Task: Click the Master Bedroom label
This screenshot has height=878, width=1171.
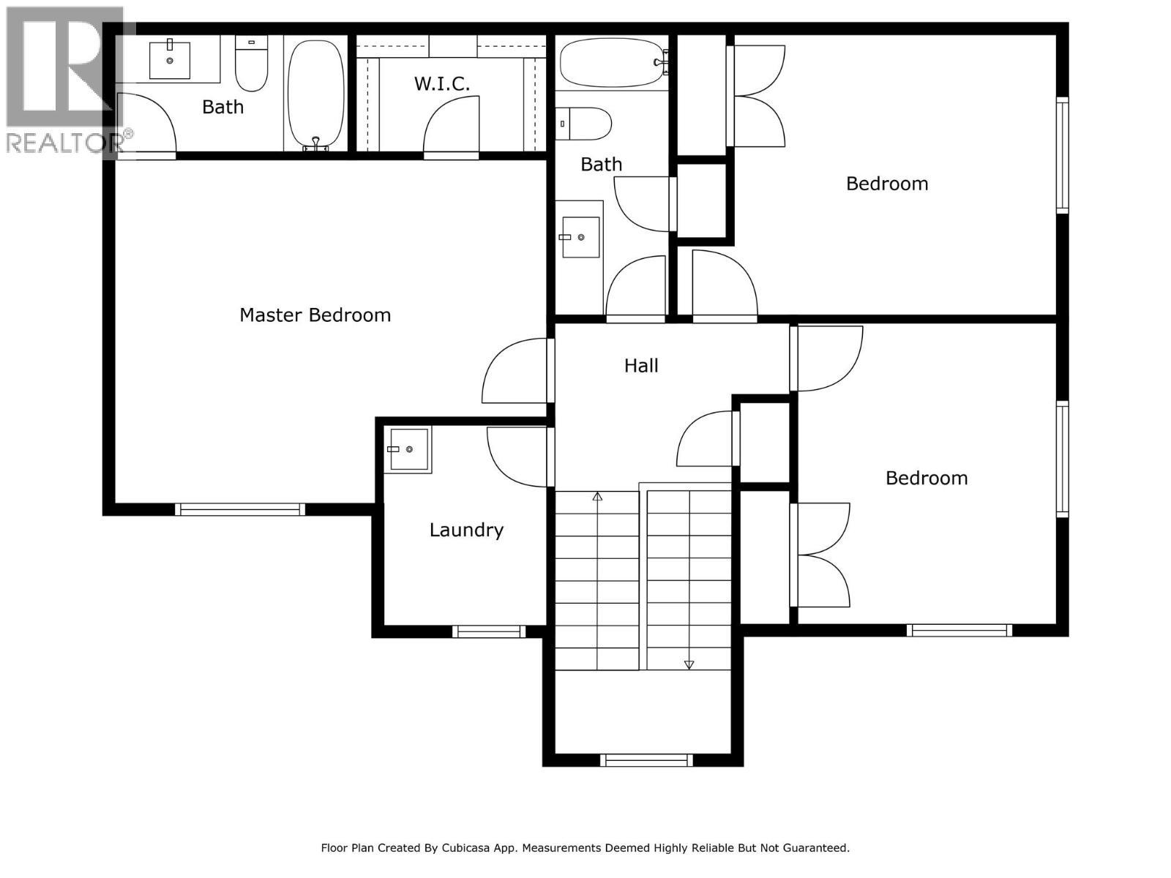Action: [x=315, y=315]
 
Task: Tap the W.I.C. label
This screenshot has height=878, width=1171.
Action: [x=442, y=84]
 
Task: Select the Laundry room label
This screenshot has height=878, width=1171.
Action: [x=466, y=530]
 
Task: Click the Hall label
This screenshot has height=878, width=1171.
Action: [x=641, y=366]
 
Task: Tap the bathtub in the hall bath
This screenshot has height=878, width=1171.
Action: [x=613, y=63]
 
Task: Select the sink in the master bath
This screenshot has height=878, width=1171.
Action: [x=170, y=60]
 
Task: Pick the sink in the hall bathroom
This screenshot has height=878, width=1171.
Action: [x=581, y=237]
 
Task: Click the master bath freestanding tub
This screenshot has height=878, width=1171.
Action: [x=315, y=94]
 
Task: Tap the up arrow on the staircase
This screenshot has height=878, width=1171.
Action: [x=597, y=497]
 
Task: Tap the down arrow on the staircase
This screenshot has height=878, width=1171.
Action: [x=689, y=664]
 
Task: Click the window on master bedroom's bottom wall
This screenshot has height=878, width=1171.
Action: [x=240, y=509]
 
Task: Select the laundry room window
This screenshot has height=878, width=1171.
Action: [x=488, y=631]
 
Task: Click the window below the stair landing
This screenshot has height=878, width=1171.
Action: [x=646, y=760]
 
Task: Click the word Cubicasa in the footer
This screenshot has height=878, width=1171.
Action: [x=470, y=848]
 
